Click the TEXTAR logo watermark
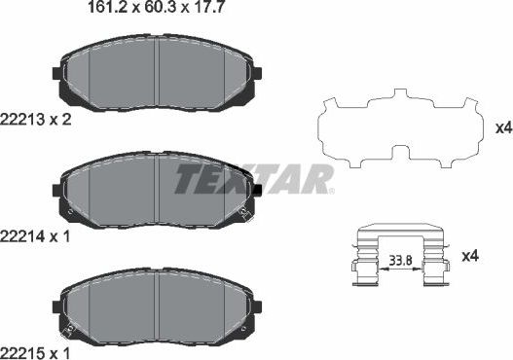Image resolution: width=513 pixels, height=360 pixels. point(254,179)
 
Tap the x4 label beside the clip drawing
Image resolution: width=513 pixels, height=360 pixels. point(469,256)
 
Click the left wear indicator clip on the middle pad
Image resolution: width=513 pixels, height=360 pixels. point(69,207)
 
